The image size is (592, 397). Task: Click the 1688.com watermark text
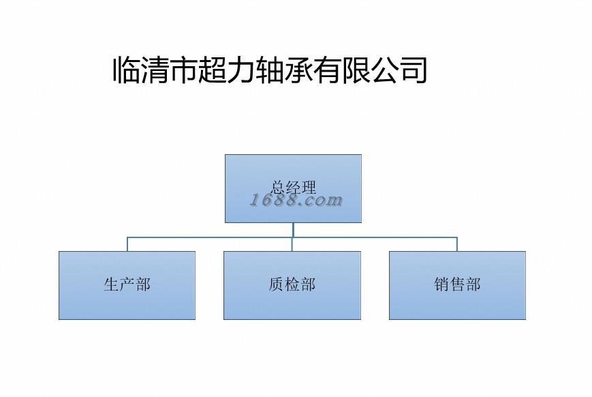coord(296,200)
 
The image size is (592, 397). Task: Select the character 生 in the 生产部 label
coord(112,284)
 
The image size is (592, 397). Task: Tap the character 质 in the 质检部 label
coord(277,284)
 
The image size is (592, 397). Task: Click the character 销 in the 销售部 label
coord(441,284)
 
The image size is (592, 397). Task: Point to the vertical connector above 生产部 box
coord(127,244)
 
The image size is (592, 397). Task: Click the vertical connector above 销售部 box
coord(457,244)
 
